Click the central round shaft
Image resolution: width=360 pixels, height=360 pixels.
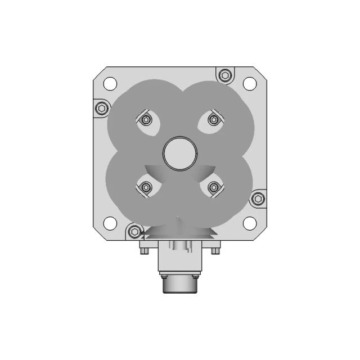180,153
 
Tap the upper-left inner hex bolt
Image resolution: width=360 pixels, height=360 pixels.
146,119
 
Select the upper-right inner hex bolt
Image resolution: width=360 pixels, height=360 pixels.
214,119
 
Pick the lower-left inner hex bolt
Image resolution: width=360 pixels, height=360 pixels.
146,187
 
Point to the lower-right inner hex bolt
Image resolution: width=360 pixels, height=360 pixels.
214,187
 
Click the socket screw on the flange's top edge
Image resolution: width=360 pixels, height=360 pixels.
225,75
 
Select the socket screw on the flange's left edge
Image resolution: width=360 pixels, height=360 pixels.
101,107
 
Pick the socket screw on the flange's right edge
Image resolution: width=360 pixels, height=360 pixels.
258,198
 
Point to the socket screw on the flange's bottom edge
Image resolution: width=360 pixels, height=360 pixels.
134,231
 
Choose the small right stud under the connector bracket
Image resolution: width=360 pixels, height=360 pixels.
216,251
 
